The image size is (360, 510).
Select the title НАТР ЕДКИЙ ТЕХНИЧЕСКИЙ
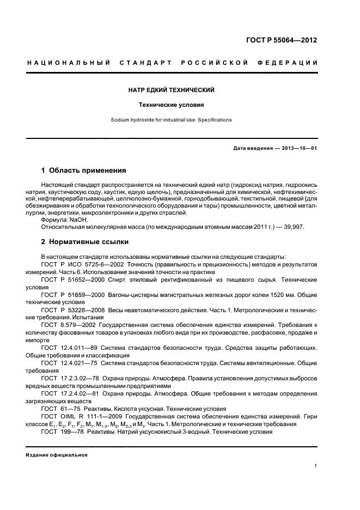[x=179, y=89]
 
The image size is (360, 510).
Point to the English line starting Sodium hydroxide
[x=179, y=119]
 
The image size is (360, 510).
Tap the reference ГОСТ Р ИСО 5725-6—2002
[x=82, y=264]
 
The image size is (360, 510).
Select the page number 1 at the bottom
[x=316, y=466]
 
